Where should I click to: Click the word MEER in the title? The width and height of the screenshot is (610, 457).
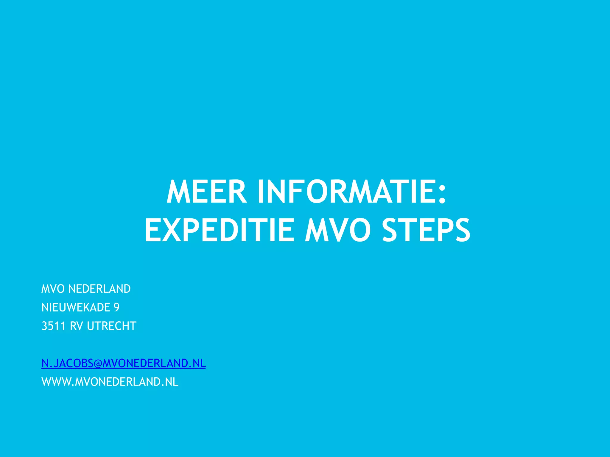[206, 192]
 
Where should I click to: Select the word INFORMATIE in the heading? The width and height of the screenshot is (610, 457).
[345, 192]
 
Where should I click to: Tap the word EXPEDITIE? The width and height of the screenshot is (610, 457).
[219, 230]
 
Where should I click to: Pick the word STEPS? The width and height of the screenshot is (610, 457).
[426, 230]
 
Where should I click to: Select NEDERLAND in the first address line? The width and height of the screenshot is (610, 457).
[99, 289]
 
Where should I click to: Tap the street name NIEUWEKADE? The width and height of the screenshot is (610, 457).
[76, 307]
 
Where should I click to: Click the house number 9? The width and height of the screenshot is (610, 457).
[116, 307]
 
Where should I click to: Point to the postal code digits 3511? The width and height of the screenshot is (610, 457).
[53, 326]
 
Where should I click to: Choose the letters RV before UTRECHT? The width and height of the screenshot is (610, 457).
[76, 326]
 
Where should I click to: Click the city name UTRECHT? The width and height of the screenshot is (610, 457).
[112, 326]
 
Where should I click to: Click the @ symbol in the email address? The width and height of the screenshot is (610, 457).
[98, 364]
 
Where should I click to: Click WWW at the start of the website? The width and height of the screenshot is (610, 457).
[56, 382]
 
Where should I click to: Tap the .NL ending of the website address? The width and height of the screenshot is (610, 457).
[170, 382]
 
